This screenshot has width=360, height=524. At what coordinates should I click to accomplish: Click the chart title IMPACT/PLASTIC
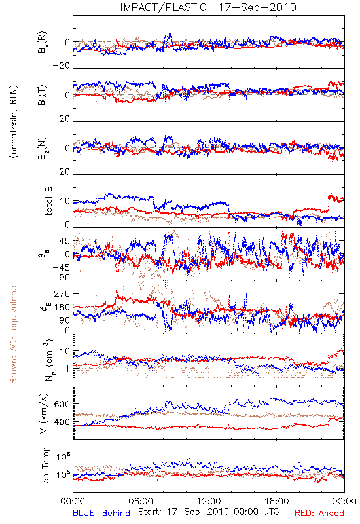coord(163,7)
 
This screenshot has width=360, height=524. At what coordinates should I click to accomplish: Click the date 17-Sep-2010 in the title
coord(257,7)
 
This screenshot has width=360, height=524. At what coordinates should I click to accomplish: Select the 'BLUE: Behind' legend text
coord(101,513)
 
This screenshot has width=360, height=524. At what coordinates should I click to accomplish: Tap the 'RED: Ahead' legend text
coord(319,513)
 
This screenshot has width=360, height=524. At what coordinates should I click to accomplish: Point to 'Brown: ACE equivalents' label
coord(13,333)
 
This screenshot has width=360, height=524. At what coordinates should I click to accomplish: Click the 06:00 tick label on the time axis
coord(141,501)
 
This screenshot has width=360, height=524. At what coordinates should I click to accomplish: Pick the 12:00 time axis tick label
coord(209,501)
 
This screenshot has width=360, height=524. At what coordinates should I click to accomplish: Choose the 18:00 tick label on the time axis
coord(277,501)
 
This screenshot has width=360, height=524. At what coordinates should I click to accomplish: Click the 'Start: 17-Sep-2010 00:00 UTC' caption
coord(209,512)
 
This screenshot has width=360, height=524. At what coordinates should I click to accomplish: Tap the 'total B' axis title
coord(48,201)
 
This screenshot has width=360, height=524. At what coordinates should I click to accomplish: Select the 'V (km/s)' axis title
coord(44,414)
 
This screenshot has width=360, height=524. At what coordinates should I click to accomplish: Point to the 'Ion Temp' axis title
coord(45,466)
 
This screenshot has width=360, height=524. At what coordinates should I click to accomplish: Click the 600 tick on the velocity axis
coord(62,404)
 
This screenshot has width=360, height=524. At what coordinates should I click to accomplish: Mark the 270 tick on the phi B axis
coord(62,294)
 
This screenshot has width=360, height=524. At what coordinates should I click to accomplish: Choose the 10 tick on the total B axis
coord(65,201)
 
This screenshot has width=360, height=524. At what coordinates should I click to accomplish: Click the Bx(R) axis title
coord(43,43)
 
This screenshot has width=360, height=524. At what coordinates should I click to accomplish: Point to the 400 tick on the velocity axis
coord(62,422)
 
